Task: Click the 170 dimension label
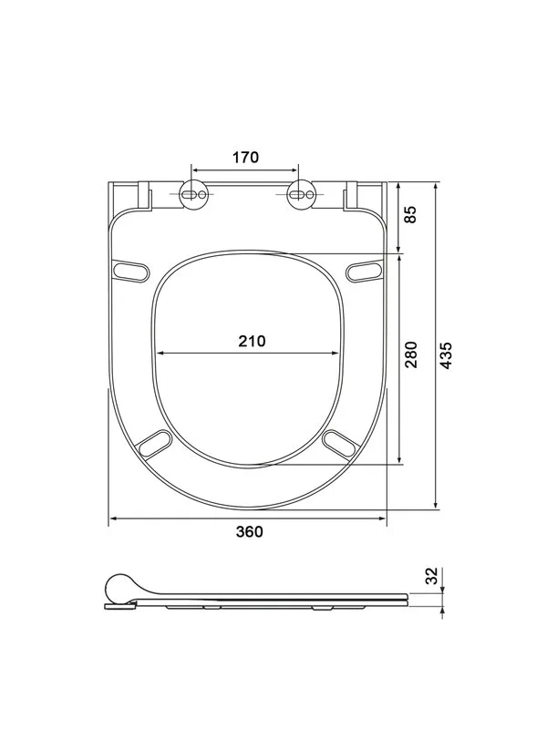tap(245, 158)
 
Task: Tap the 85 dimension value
tap(411, 214)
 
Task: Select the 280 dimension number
tap(411, 354)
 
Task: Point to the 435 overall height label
tap(446, 355)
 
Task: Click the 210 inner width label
tap(253, 341)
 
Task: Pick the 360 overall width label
tap(250, 531)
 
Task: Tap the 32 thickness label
tap(432, 576)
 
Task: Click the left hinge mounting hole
tap(192, 194)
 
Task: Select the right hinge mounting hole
tap(301, 194)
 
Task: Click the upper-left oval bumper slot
tap(130, 271)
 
